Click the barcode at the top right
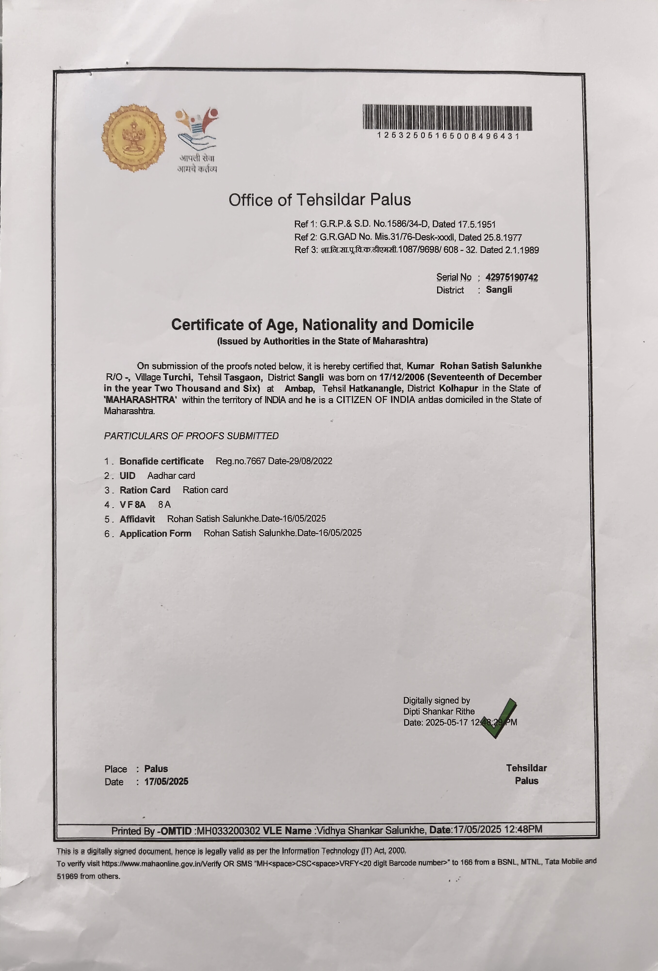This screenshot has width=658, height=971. (447, 118)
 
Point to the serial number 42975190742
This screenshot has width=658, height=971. (512, 277)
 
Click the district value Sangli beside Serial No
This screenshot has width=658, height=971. (499, 290)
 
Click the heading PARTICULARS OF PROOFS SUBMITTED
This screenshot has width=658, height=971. (191, 436)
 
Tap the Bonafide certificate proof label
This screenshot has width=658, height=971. (162, 461)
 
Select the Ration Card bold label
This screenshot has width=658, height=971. (145, 490)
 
